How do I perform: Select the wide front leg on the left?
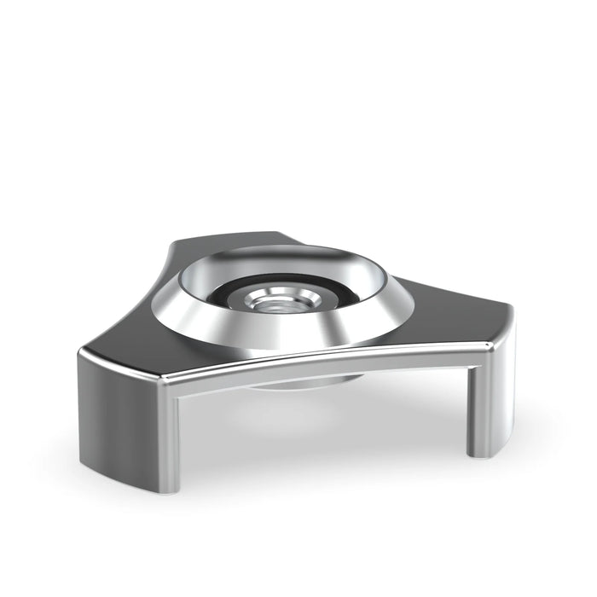pyautogui.click(x=128, y=418)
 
